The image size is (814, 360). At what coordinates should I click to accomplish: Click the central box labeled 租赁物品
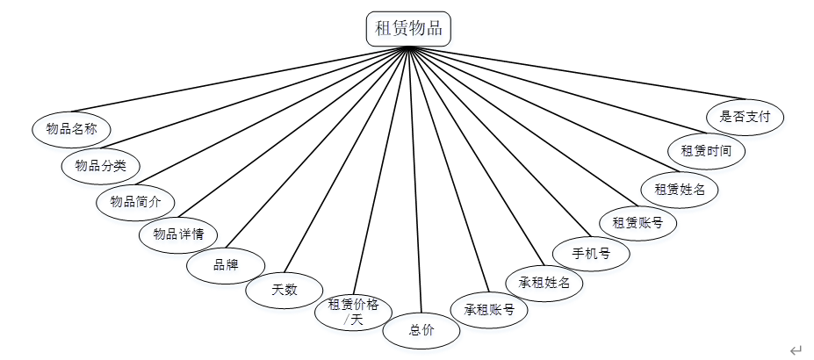click(409, 28)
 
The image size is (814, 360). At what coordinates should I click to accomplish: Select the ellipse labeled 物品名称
click(71, 129)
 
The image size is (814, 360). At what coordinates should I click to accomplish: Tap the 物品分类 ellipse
click(101, 165)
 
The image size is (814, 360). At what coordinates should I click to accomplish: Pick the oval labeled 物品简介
click(135, 201)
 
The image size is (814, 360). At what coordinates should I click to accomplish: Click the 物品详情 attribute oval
click(179, 234)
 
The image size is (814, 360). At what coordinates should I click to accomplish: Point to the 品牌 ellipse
click(226, 264)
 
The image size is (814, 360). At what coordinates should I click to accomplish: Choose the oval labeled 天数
click(285, 289)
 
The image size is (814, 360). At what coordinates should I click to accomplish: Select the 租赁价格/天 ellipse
click(353, 310)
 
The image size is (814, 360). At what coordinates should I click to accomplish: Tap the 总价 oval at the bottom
click(421, 331)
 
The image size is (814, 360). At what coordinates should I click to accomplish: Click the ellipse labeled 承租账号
click(489, 309)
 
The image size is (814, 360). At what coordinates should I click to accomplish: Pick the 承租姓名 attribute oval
click(544, 283)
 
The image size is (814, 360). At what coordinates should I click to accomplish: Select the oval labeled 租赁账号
click(638, 223)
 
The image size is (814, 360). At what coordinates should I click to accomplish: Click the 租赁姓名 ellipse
click(680, 188)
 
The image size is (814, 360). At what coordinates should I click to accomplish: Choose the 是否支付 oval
click(746, 116)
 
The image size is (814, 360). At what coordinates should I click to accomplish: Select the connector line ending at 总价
click(414, 176)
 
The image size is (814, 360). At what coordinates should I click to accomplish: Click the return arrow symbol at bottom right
click(796, 350)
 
